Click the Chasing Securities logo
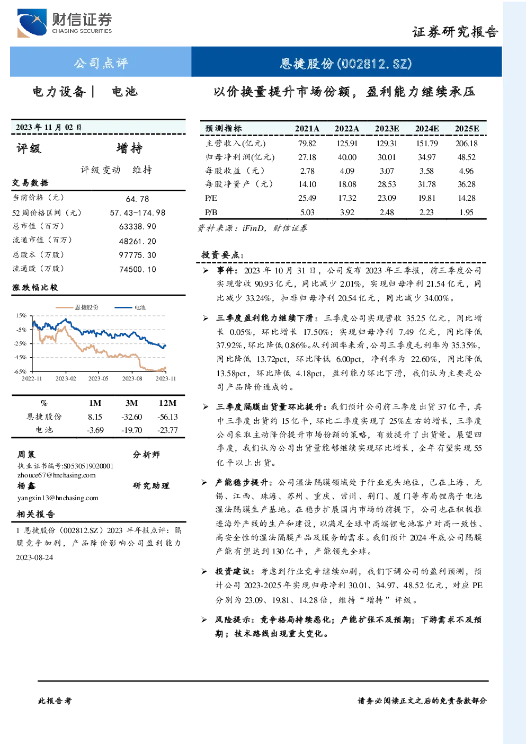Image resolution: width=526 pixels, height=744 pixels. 65,23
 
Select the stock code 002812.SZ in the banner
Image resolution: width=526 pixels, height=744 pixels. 375,64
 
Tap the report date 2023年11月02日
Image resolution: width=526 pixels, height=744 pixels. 49,127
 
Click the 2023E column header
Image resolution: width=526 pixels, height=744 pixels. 387,129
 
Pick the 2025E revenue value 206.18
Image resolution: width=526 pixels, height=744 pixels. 466,144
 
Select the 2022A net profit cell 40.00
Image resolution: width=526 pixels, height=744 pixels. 347,157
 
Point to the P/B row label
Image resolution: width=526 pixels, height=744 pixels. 211,212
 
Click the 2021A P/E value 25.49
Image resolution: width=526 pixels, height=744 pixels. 307,198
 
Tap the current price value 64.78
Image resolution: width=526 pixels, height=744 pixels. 138,199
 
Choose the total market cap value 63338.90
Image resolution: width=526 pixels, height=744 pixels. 138,226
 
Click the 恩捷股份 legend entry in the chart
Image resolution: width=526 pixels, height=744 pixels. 77,307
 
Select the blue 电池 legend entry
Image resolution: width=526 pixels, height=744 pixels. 130,307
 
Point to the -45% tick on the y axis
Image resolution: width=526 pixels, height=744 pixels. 20,357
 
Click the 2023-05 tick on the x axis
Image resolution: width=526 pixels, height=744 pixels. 99,378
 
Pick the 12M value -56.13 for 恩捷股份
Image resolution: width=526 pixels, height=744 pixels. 167,417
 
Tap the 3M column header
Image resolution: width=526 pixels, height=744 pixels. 131,403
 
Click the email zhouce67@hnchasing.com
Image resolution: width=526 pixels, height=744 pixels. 57,475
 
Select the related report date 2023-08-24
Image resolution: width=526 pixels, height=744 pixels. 34,557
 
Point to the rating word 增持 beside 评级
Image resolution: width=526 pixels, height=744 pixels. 129,148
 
